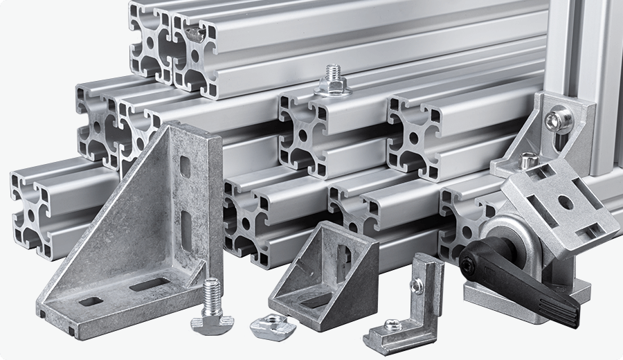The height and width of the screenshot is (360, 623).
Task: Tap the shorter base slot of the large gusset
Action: click(90, 301)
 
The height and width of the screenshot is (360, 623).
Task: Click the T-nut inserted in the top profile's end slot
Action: click(196, 30)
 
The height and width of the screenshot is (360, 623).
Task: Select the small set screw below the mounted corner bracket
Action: click(527, 161)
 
